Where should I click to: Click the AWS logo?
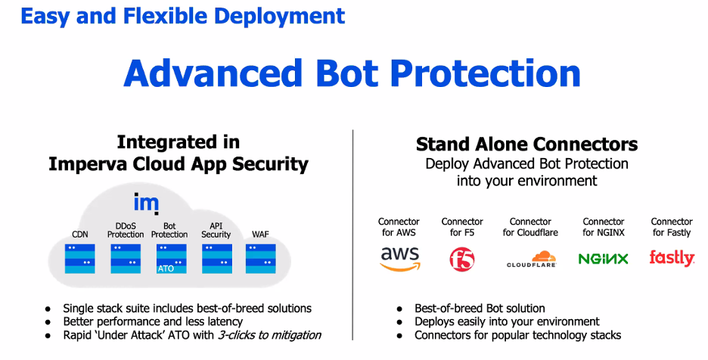point(399,258)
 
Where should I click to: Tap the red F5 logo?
point(461,259)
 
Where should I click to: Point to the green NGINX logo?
point(603,259)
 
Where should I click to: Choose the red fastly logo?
point(672,258)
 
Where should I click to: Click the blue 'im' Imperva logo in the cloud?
point(145,203)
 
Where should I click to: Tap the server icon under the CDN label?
point(80,258)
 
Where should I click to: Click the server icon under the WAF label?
point(260,258)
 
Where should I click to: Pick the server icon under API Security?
point(216,258)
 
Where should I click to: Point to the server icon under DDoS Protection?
point(126,258)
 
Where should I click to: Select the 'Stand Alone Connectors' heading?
point(526,144)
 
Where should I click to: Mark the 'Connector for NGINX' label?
point(603,227)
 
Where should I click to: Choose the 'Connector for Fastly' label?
point(672,227)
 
